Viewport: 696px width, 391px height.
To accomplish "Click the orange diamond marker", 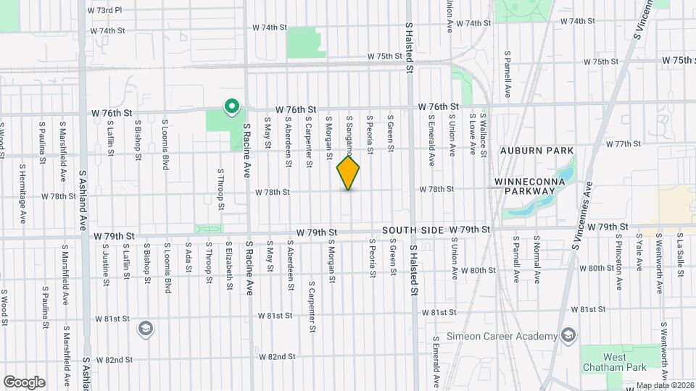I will coord(348,174).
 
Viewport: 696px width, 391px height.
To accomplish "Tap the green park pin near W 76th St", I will coord(231,108).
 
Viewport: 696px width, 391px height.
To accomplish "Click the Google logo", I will coord(24,382).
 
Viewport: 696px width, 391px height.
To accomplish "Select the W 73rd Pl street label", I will coord(104,11).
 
